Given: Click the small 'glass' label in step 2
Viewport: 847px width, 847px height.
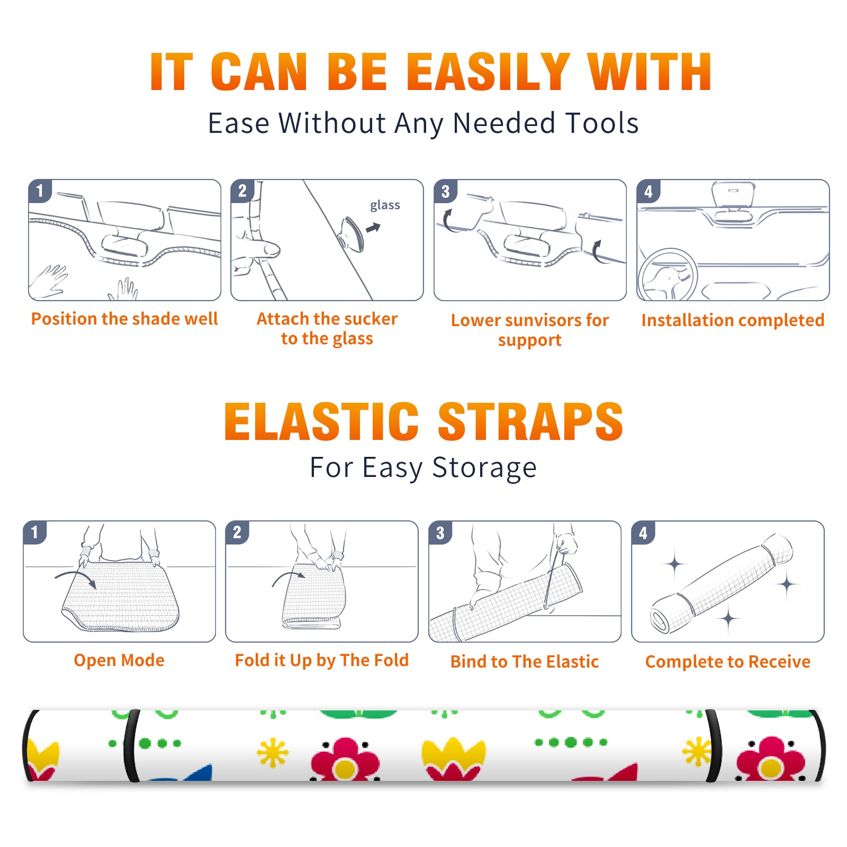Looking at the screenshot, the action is pyautogui.click(x=385, y=205).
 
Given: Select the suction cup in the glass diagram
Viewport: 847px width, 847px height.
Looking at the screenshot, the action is pyautogui.click(x=352, y=233).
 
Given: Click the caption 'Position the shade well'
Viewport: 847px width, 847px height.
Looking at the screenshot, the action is pyautogui.click(x=124, y=319).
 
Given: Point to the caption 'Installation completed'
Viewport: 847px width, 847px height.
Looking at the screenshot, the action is pyautogui.click(x=733, y=320).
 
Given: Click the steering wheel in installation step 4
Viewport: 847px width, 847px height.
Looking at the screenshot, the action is pyautogui.click(x=668, y=274).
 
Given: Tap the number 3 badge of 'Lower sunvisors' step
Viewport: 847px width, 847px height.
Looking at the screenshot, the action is pyautogui.click(x=445, y=191).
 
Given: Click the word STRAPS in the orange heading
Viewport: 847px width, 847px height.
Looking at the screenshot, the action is pyautogui.click(x=530, y=421).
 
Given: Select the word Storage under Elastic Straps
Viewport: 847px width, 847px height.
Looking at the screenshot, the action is pyautogui.click(x=484, y=468).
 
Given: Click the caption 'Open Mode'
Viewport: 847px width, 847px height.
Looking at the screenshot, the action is pyautogui.click(x=119, y=660).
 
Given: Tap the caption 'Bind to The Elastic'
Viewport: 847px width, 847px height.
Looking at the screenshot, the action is pyautogui.click(x=525, y=662).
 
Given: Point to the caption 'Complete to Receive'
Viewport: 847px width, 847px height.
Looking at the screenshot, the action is pyautogui.click(x=728, y=662).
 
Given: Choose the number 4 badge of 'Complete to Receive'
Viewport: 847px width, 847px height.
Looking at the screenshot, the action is pyautogui.click(x=643, y=533).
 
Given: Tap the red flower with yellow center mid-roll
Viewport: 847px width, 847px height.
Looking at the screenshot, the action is pyautogui.click(x=345, y=760).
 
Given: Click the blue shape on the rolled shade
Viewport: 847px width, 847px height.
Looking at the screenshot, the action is pyautogui.click(x=183, y=773).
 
